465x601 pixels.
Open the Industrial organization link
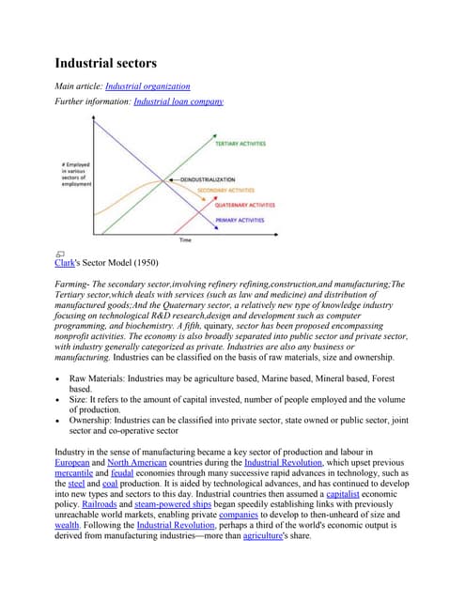point(148,86)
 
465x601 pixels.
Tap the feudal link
point(122,475)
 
